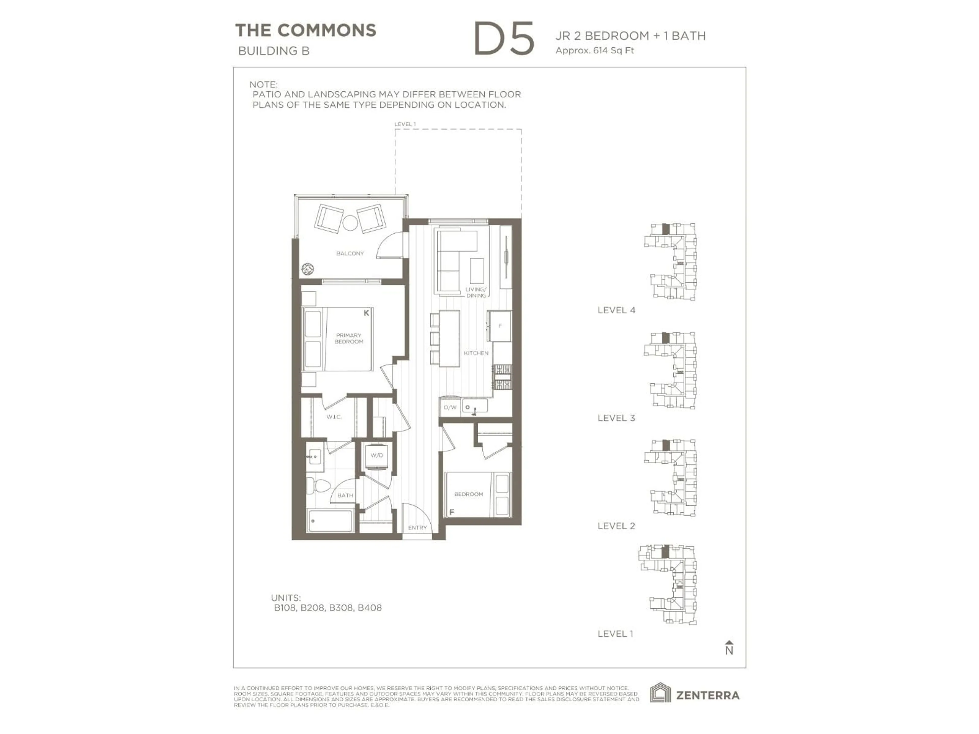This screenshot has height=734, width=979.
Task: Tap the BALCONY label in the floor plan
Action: click(350, 254)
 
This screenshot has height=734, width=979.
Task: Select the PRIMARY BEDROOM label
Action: click(349, 338)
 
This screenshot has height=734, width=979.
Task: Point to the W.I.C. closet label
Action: click(334, 417)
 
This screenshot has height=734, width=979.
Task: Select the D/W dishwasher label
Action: click(450, 407)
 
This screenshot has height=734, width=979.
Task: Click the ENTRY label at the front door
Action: click(417, 527)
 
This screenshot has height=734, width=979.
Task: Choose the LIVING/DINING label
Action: click(476, 292)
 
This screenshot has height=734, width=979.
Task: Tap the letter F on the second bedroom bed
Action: click(452, 512)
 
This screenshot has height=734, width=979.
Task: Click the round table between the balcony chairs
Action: click(350, 222)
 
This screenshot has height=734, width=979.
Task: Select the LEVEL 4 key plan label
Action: click(616, 310)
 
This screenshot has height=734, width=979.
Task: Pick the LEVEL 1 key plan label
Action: click(615, 634)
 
